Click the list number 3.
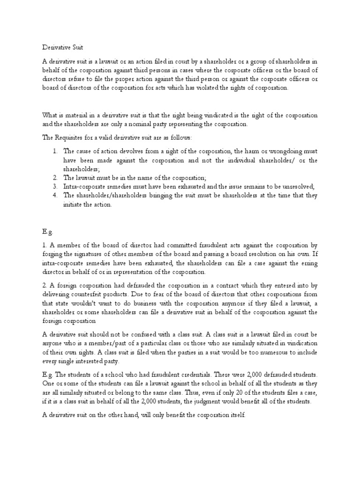(x=55, y=186)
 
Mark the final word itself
(x=236, y=416)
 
